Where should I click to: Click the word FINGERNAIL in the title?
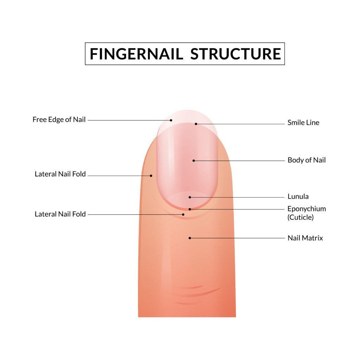[x=136, y=54]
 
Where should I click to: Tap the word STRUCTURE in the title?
[x=236, y=54]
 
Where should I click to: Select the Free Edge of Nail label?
[x=59, y=120]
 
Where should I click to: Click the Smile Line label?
[x=303, y=123]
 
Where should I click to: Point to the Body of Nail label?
[x=307, y=160]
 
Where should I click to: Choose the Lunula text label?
[x=298, y=197]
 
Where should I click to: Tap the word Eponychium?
[x=307, y=209]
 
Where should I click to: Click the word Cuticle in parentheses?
[x=301, y=217]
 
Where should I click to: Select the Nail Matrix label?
[x=305, y=238]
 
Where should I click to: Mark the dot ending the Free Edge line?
[x=171, y=120]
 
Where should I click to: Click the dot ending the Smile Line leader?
[x=196, y=124]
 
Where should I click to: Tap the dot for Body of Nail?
[x=194, y=161]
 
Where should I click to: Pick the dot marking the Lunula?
[x=190, y=197]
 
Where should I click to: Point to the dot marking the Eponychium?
[x=190, y=209]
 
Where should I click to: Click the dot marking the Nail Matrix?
[x=190, y=238]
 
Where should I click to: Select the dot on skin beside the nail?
[x=151, y=176]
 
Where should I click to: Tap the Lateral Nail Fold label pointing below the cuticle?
[x=60, y=214]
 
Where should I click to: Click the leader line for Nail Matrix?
[x=237, y=238]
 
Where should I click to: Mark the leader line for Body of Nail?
[x=239, y=161]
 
